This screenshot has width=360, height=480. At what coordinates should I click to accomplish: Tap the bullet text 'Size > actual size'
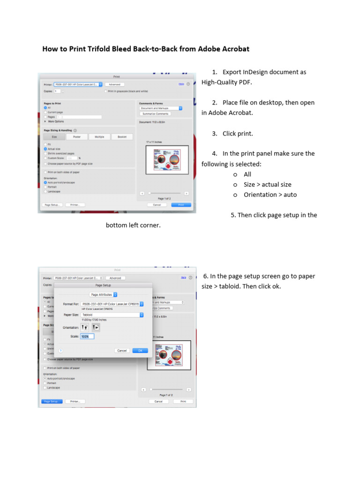point(267,185)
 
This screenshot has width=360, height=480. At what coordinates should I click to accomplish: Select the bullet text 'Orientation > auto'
point(270,195)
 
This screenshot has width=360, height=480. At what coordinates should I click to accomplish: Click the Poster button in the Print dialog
point(76,137)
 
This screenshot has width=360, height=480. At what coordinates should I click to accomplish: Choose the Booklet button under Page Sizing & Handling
point(122,137)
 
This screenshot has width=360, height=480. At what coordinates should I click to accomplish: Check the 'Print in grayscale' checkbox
point(106,91)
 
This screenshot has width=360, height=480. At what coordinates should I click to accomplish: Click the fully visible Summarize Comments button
point(155,114)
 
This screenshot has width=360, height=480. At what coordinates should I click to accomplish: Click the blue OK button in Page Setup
point(140,351)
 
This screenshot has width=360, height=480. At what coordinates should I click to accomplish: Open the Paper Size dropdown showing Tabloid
point(112,315)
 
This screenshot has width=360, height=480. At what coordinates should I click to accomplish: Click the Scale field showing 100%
point(87,337)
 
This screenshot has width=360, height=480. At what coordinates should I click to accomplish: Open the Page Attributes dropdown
point(103,295)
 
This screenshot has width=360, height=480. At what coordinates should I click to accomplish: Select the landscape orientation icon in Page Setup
point(96,328)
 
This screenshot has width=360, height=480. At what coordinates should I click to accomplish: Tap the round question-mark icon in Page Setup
point(61,351)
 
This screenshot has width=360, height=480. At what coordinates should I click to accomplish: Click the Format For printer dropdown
point(112,304)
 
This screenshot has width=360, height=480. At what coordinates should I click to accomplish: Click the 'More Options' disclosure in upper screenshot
point(54,121)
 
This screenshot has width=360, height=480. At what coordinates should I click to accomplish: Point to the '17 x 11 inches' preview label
point(154,142)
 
